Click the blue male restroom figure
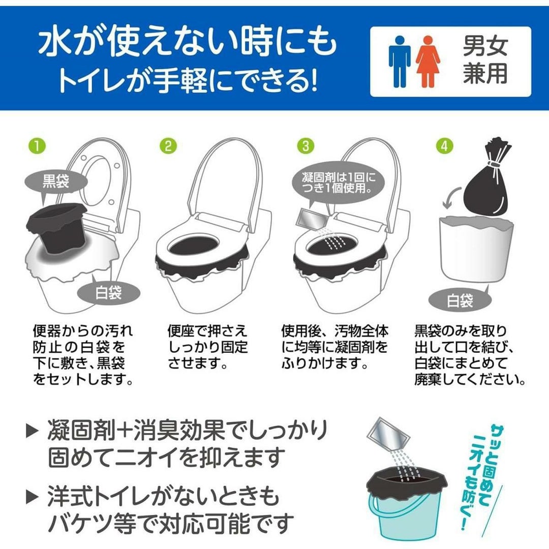(399, 62)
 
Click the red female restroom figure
(428, 62)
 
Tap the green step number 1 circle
(38, 146)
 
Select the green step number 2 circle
(168, 146)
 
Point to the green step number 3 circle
(306, 146)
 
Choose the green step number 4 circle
(444, 146)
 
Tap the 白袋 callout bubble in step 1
(109, 292)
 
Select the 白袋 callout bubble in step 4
(460, 300)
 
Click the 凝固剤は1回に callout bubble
(338, 182)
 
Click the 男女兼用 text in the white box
(485, 60)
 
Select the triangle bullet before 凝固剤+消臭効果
(32, 431)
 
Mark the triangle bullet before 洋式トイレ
(32, 497)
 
